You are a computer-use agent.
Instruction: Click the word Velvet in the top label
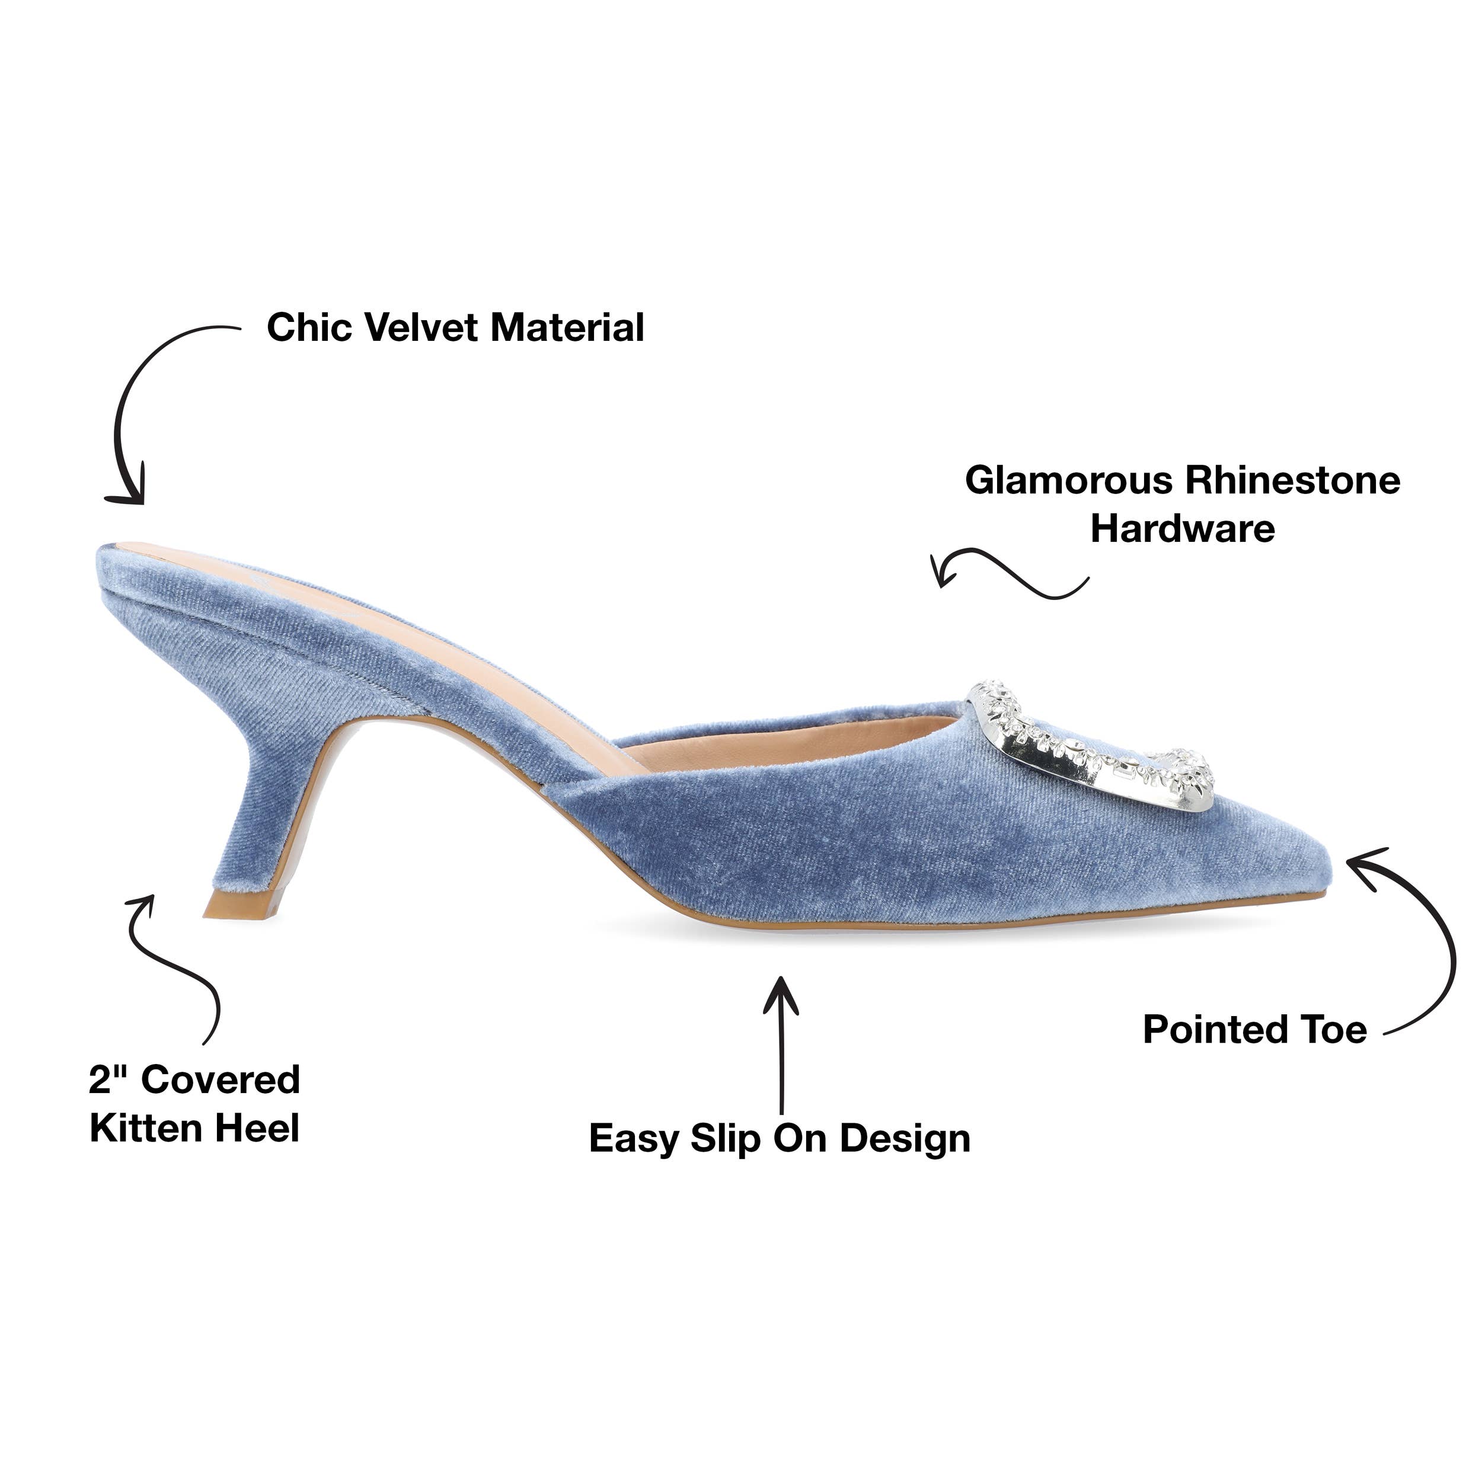tap(420, 328)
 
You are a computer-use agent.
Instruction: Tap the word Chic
tap(309, 328)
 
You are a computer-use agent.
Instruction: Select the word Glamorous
tap(1069, 481)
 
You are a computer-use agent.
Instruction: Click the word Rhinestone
tap(1292, 481)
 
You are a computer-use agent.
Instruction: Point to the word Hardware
tap(1183, 529)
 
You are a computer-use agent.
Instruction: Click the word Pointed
tap(1208, 1030)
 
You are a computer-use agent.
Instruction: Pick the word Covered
tap(220, 1081)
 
